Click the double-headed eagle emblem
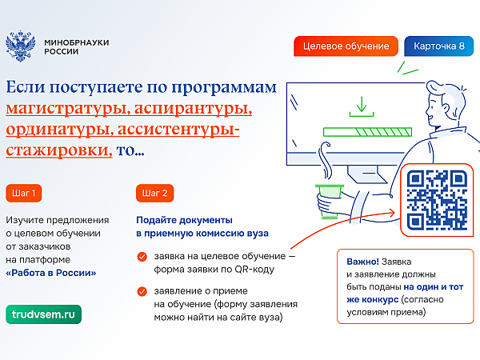coord(21,46)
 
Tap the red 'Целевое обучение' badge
coord(346,46)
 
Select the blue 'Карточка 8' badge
coord(439,46)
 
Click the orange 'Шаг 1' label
coord(23,193)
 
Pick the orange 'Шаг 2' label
coord(154,193)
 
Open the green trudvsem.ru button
coord(43,314)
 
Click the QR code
coord(437,200)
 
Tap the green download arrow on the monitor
coord(362,106)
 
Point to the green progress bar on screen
coord(368,132)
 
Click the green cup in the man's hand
coord(330,201)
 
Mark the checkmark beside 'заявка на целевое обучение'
coord(142,257)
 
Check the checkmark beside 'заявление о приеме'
coord(142,291)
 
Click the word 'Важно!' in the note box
coord(362,262)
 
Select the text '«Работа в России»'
coord(51,273)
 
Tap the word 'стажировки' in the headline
coord(59,150)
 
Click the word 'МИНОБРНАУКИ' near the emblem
coord(77,42)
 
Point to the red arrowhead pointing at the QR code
coord(391,213)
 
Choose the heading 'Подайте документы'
coord(184,220)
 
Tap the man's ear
coord(444,109)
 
